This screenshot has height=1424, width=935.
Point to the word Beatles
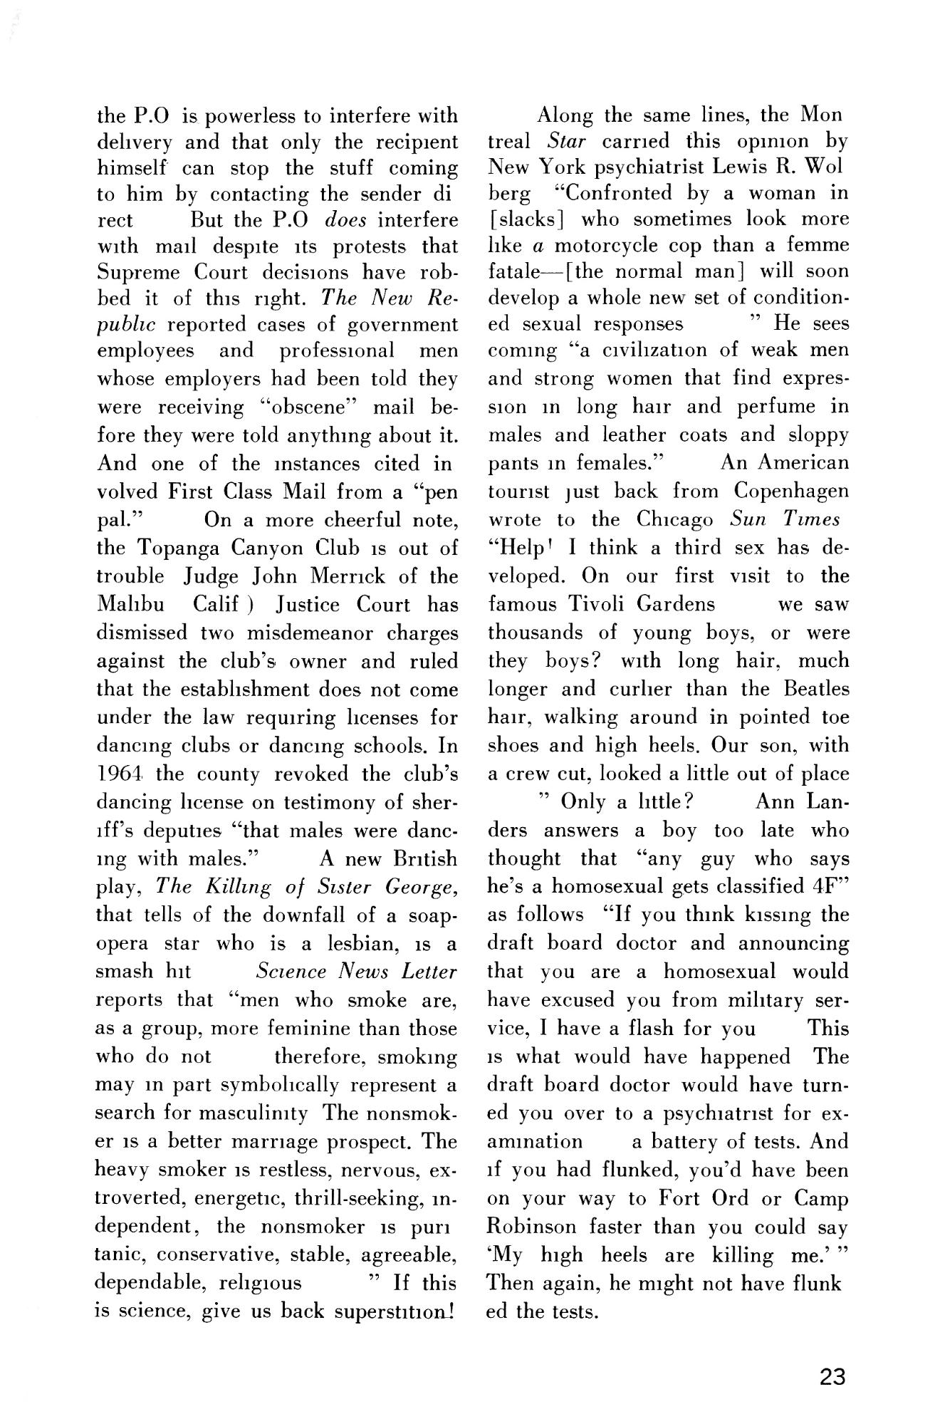(815, 690)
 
